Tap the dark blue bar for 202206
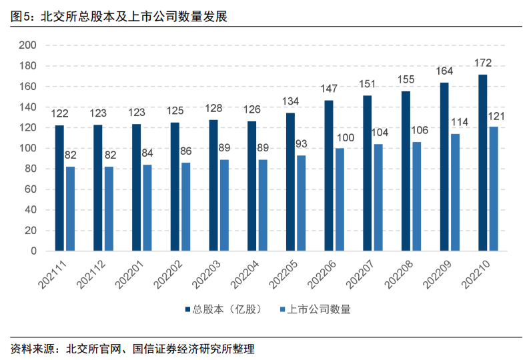[x=329, y=175]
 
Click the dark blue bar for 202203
[x=213, y=185]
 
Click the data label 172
[x=483, y=63]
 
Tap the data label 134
[x=291, y=102]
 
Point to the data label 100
[x=345, y=137]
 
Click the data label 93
[x=302, y=145]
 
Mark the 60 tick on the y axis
[x=30, y=189]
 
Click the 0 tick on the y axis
[x=33, y=251]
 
